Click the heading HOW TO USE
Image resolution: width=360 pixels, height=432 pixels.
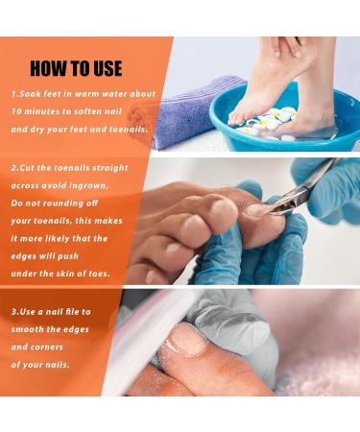pyautogui.click(x=76, y=68)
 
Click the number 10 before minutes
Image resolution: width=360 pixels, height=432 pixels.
pyautogui.click(x=16, y=111)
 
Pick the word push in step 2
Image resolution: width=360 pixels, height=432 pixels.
pyautogui.click(x=68, y=256)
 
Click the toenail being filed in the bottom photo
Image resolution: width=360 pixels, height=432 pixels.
pyautogui.click(x=185, y=341)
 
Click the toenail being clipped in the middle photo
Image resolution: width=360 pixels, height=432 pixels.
pyautogui.click(x=256, y=210)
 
